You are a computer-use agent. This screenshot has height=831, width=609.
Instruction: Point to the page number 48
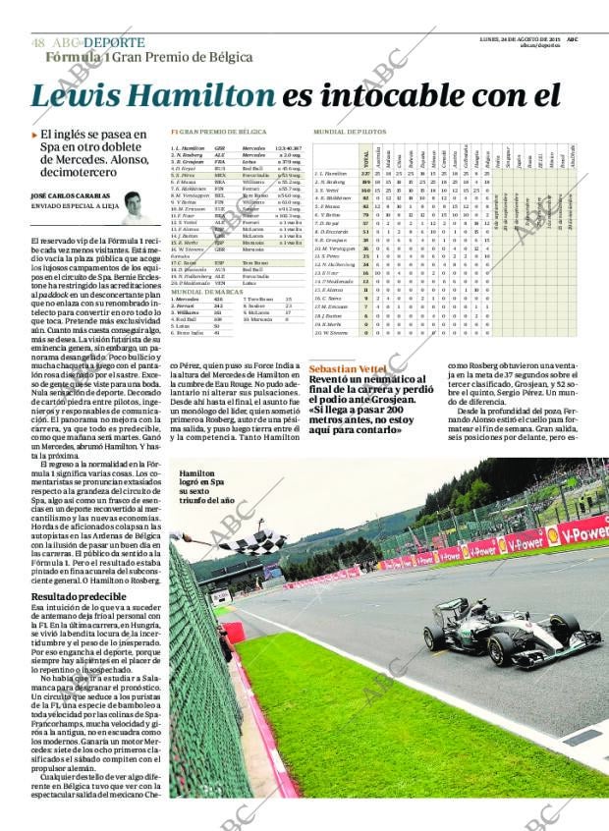[37, 43]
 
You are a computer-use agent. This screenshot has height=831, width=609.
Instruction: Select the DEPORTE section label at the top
[114, 43]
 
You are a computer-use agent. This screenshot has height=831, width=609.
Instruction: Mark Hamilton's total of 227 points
[365, 174]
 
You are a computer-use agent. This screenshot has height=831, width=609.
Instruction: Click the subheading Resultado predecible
[74, 596]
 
